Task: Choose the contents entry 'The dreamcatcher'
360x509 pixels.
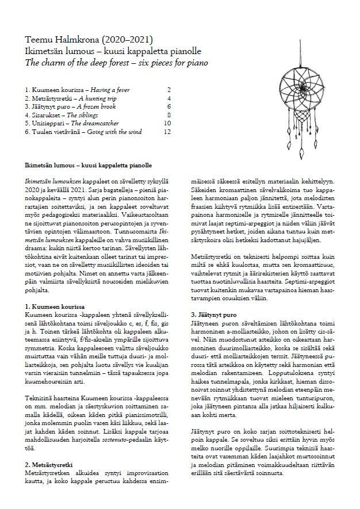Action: [95, 124]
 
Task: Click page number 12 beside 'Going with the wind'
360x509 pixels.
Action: [167, 132]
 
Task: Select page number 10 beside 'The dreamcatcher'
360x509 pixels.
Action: [167, 124]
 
